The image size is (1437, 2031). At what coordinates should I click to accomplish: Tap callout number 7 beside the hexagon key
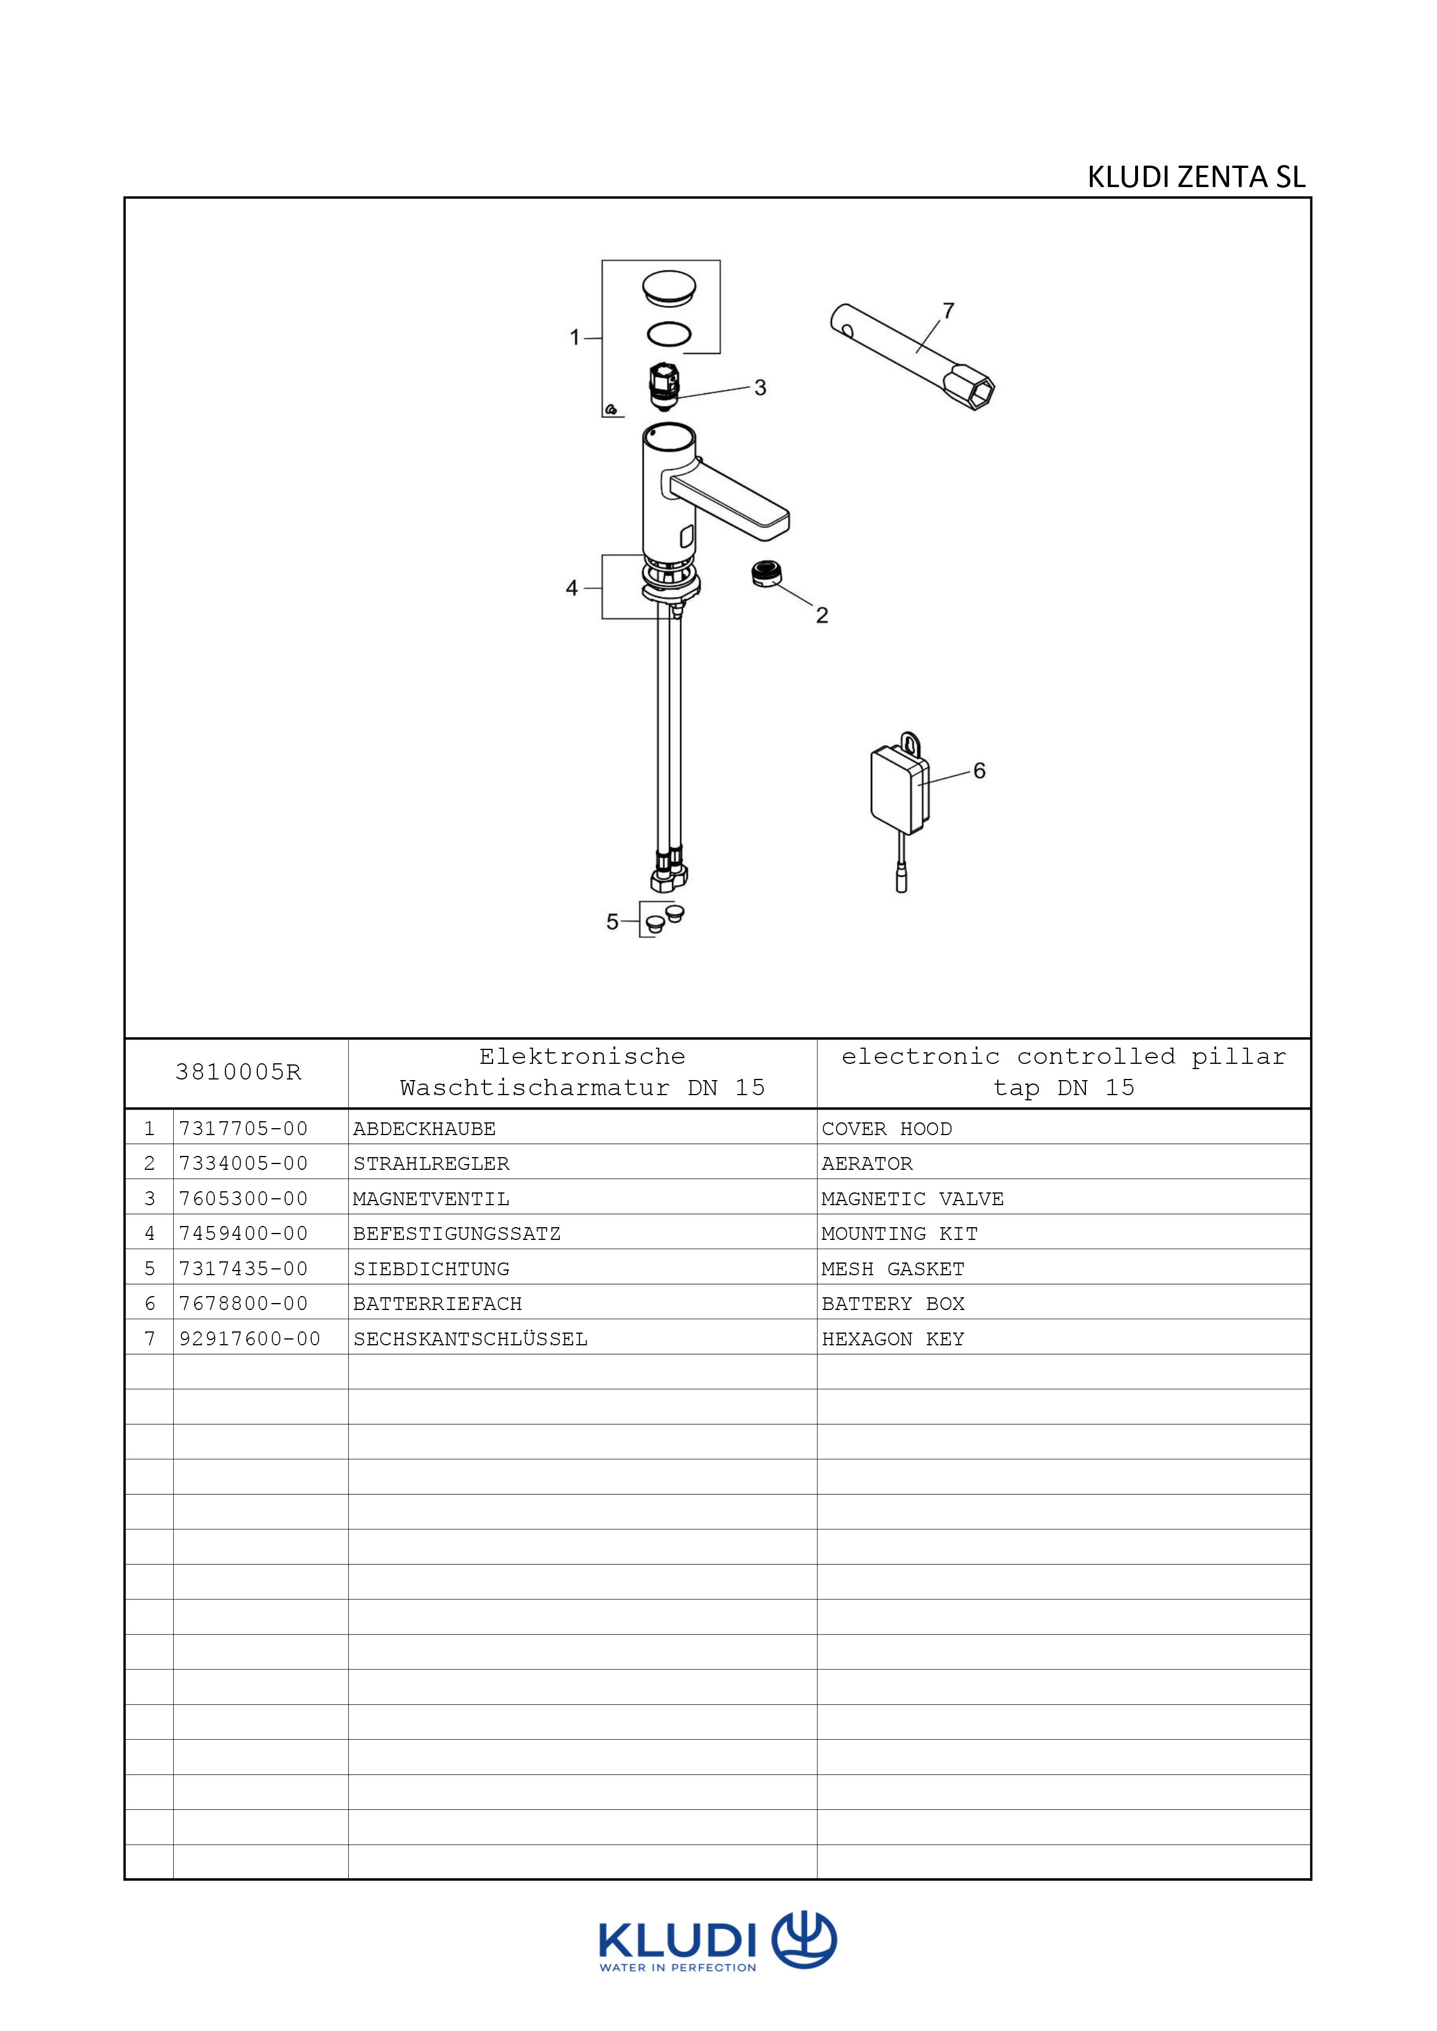(949, 312)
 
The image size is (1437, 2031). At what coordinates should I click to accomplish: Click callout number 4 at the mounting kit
(572, 588)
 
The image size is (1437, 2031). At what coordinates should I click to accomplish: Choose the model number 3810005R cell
(238, 1073)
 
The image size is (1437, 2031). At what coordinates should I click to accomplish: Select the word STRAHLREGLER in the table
(431, 1164)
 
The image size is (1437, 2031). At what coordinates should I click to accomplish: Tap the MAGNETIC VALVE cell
(912, 1199)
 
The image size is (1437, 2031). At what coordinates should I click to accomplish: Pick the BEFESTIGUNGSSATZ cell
(457, 1234)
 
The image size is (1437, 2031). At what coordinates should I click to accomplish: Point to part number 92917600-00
(250, 1340)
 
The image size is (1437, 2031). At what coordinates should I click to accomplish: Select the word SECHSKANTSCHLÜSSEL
(470, 1340)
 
